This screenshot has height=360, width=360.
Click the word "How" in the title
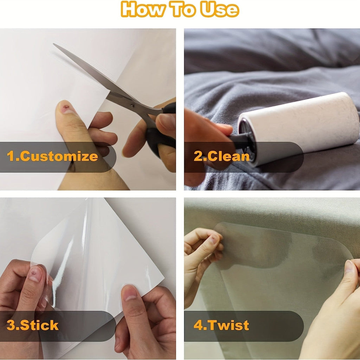pos(143,9)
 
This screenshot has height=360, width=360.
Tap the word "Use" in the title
pos(219,9)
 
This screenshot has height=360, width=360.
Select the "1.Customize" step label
pos(52,156)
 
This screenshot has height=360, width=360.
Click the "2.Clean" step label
pos(221,156)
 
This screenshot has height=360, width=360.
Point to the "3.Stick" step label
pos(33,325)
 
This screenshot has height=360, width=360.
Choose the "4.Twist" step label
pos(221,325)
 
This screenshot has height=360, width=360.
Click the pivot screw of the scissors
pos(132,105)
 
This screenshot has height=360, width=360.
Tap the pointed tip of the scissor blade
pos(54,44)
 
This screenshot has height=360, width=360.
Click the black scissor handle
pos(161,133)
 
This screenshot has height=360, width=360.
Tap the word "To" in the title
pos(182,9)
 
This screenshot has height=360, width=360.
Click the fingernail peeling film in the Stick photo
pos(35,274)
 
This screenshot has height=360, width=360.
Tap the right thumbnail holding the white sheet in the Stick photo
pos(130,293)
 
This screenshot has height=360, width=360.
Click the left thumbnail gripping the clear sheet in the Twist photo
pos(213,239)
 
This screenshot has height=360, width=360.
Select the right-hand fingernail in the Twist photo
pos(349,266)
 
